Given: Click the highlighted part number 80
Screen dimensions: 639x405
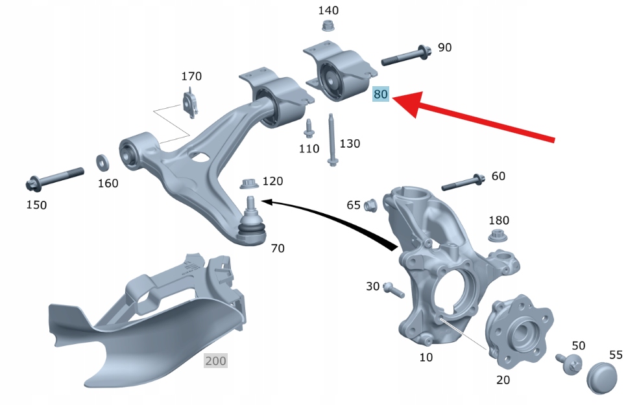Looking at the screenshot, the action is tap(381, 94).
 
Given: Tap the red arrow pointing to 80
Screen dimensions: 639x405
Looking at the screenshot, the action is tap(473, 117).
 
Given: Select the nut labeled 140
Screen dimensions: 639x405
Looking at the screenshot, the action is tap(326, 26).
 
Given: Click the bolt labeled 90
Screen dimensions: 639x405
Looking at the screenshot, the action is tap(406, 56).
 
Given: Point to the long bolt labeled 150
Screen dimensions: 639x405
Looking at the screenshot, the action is tap(54, 179).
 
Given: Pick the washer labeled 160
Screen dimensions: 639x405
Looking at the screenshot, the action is tap(102, 163).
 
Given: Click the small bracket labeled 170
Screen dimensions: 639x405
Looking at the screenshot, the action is tap(191, 106).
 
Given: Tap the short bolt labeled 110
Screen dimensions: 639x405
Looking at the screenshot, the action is tap(309, 128).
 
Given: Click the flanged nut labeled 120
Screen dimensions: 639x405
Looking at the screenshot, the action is tap(249, 183).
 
